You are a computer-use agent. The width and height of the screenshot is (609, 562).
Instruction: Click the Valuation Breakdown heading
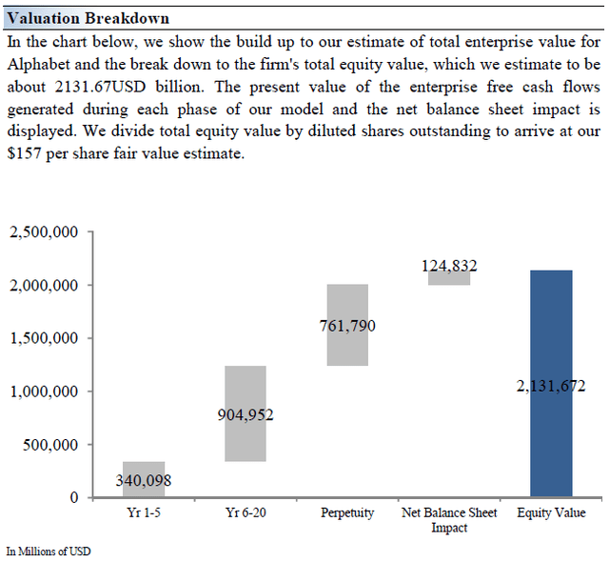88,18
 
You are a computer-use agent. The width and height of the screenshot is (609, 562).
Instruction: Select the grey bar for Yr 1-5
144,479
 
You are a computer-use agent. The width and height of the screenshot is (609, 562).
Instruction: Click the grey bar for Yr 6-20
246,413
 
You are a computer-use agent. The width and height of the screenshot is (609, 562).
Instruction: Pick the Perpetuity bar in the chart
347,325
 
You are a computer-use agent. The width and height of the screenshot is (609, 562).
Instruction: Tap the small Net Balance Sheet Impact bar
449,278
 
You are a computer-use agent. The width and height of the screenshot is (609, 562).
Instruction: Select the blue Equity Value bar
551,383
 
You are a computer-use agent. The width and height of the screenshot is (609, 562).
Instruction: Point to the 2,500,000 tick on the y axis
44,232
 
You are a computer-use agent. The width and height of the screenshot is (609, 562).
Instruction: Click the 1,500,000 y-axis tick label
44,338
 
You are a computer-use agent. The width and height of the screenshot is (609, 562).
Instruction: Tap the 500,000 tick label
50,445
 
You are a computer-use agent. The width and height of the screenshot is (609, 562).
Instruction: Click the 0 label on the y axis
74,497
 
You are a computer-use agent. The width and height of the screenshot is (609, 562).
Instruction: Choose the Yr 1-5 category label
144,512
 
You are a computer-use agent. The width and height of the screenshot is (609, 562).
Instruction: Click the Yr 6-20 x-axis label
246,512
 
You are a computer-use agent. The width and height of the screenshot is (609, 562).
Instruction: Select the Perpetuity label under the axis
347,513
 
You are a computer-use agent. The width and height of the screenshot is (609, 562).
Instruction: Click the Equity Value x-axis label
551,513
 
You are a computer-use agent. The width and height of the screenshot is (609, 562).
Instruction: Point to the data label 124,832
449,266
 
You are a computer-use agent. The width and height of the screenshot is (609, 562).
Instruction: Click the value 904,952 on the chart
246,415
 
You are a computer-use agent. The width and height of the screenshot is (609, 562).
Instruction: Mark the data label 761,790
347,326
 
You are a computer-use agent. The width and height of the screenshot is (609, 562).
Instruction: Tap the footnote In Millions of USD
49,552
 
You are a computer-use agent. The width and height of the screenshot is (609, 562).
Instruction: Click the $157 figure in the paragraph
24,153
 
